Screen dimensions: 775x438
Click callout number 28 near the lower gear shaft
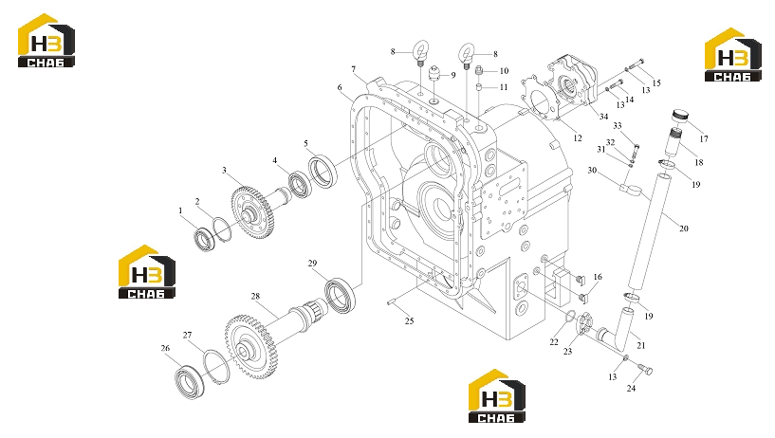[255, 297]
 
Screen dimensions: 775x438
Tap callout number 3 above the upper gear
[224, 171]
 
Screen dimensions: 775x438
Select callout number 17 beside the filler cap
[704, 138]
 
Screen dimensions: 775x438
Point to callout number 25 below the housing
[409, 321]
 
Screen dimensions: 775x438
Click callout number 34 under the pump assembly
[603, 117]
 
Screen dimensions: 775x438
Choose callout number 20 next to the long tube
[684, 228]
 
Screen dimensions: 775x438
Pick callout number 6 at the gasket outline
[340, 87]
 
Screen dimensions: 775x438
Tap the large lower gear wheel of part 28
[251, 348]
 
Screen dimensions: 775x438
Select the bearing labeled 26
[190, 382]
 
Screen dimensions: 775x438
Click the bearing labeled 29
[341, 295]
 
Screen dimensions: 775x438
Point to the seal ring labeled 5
[323, 171]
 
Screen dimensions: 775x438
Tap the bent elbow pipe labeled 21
[618, 330]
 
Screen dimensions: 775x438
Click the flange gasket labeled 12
[540, 100]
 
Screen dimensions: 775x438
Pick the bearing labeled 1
[204, 239]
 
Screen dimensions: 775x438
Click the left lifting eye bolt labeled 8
[420, 53]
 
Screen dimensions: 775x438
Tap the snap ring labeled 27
[216, 366]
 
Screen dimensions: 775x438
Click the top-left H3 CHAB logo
[46, 41]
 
